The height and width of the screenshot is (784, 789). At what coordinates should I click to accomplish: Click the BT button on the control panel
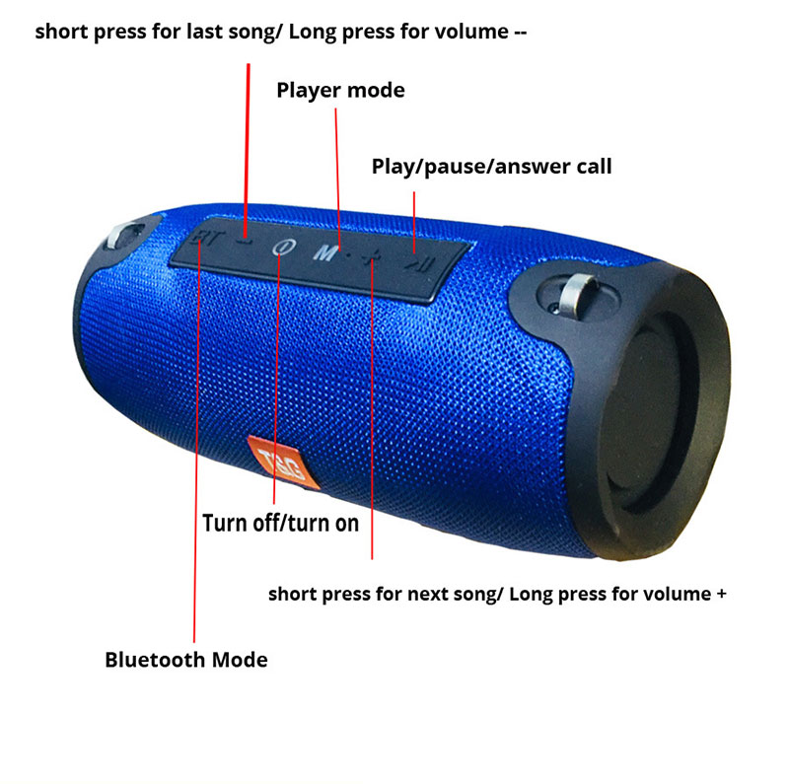coord(206,237)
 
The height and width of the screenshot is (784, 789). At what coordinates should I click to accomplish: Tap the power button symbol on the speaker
coord(284,248)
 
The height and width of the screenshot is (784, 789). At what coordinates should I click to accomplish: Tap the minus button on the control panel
coord(245,241)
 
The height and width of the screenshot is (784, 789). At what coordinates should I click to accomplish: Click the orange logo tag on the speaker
coord(283,462)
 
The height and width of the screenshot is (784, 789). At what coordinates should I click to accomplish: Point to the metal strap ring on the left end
coord(120,235)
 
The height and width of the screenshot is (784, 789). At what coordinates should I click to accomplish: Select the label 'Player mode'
coord(340,91)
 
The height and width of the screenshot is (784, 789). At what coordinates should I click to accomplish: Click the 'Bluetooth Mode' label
coord(186,660)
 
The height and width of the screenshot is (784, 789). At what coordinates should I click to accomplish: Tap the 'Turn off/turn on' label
coord(280,524)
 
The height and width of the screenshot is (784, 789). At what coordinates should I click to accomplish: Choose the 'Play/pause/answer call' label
coord(491,167)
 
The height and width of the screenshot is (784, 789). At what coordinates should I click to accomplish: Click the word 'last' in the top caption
coord(205,32)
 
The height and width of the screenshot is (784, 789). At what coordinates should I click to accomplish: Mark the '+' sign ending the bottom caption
coord(722,595)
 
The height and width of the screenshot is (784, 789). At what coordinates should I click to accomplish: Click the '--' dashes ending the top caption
coord(521,33)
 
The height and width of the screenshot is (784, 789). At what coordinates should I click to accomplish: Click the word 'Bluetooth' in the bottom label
coord(154,660)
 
